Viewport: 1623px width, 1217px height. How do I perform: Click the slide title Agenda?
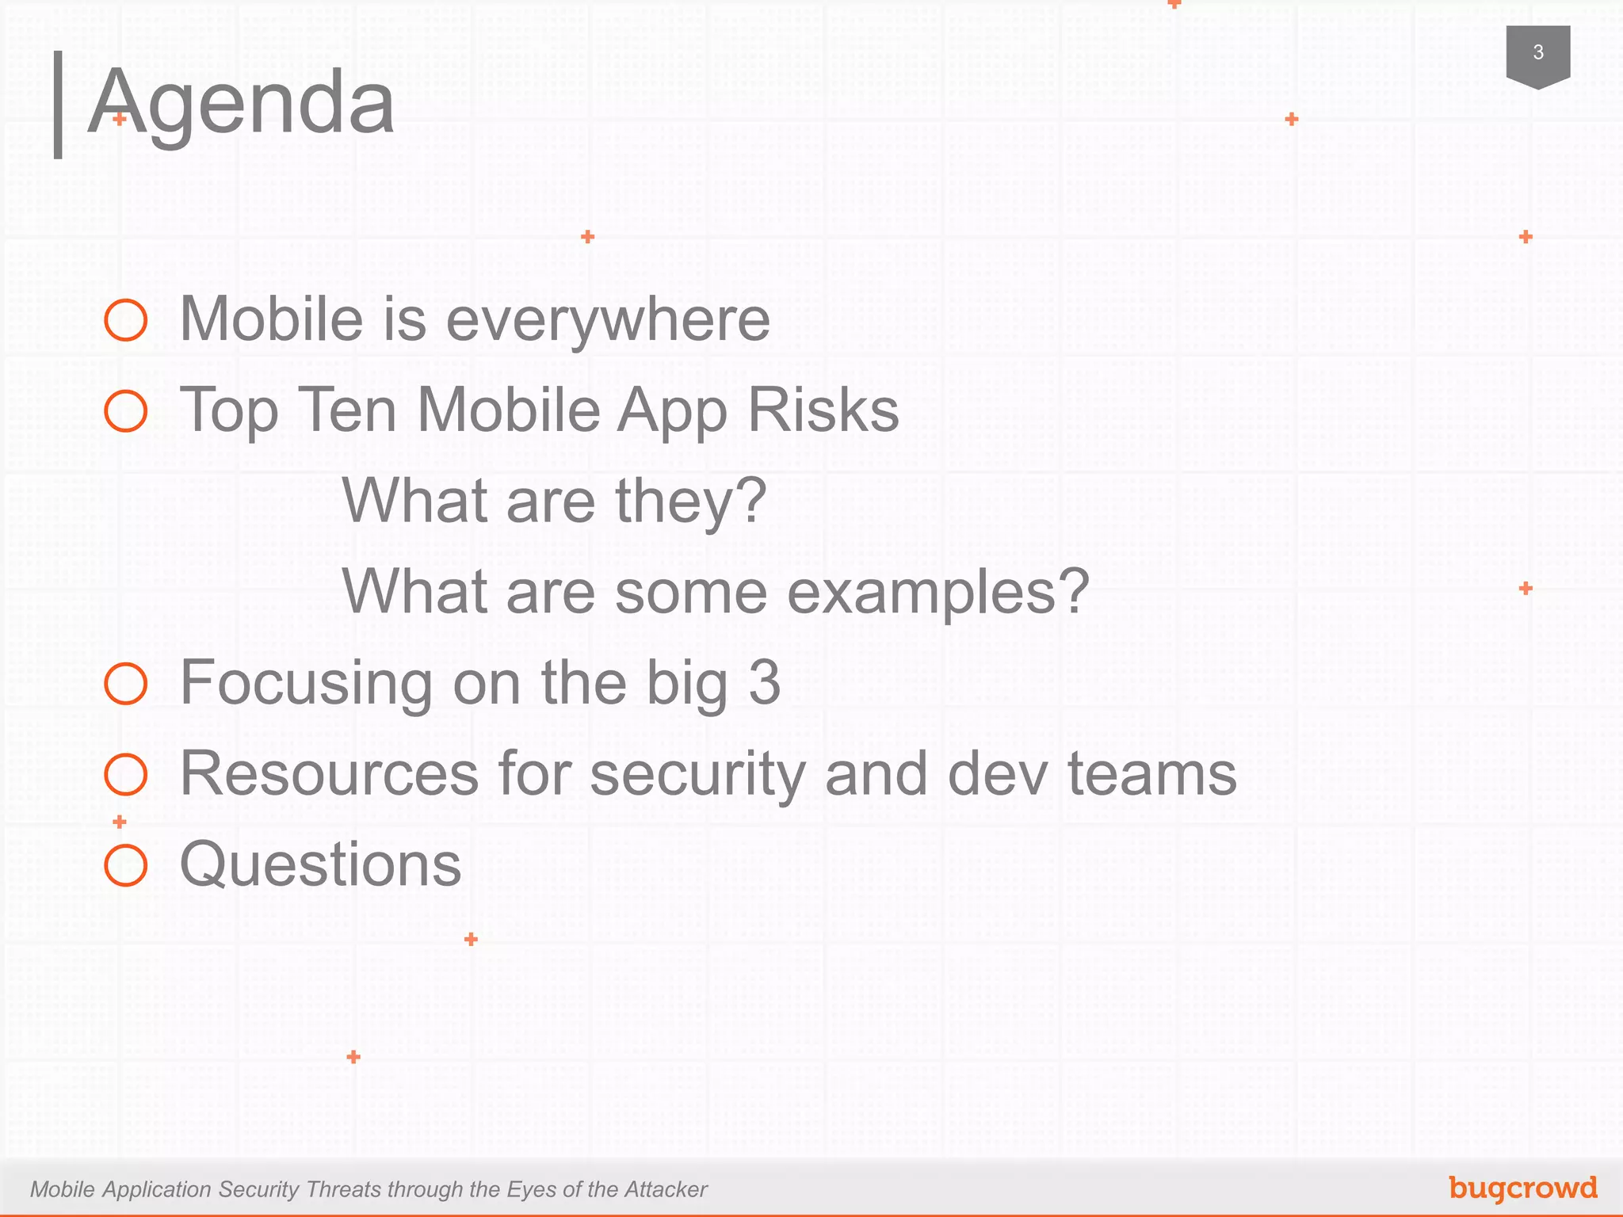pos(241,103)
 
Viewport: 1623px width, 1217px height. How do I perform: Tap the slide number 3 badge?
pos(1537,54)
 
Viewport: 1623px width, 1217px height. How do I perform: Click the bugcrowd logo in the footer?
pos(1522,1188)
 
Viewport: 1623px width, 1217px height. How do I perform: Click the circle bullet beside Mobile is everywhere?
pos(126,320)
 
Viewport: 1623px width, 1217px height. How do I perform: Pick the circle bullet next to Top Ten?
pos(126,411)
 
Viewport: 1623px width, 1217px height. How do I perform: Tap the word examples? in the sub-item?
pos(938,592)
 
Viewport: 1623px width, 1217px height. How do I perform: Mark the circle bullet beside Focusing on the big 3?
pos(126,684)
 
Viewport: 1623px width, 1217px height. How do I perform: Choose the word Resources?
pos(329,773)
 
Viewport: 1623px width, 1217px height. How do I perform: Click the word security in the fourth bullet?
pos(697,773)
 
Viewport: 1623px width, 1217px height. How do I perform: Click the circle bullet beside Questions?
pos(126,864)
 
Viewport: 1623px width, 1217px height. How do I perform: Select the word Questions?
pos(320,864)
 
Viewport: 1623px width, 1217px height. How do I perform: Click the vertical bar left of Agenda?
pos(58,105)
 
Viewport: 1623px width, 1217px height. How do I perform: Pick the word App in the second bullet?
pos(672,411)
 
